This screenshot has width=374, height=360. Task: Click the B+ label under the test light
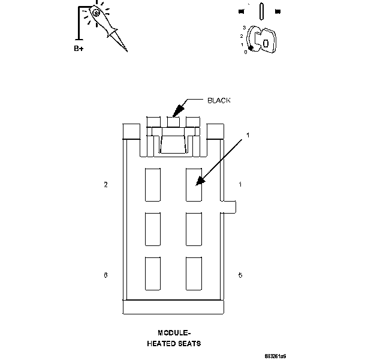[x=78, y=49]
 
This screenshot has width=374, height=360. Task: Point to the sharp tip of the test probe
[x=126, y=50]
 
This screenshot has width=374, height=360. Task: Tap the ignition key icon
[x=263, y=41]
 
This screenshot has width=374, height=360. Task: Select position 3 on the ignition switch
[x=244, y=28]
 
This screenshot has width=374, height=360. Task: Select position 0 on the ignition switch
[x=245, y=52]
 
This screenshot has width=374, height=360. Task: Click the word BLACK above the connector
[x=219, y=101]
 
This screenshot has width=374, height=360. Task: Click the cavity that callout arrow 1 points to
[x=194, y=184]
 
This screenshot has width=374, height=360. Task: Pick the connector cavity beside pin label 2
[x=152, y=184]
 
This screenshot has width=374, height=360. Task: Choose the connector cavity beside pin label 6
[x=152, y=274]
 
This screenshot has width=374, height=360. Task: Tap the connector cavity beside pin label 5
[x=194, y=274]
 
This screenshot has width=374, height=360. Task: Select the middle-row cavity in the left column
[x=152, y=229]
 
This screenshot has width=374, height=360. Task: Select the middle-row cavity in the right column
[x=194, y=229]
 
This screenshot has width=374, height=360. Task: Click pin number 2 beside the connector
[x=105, y=185]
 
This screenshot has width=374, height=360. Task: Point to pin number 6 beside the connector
[x=105, y=275]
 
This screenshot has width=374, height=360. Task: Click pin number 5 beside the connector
[x=240, y=275]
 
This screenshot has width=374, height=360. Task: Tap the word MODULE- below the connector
[x=174, y=333]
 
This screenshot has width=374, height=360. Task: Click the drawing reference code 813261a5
[x=275, y=356]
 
